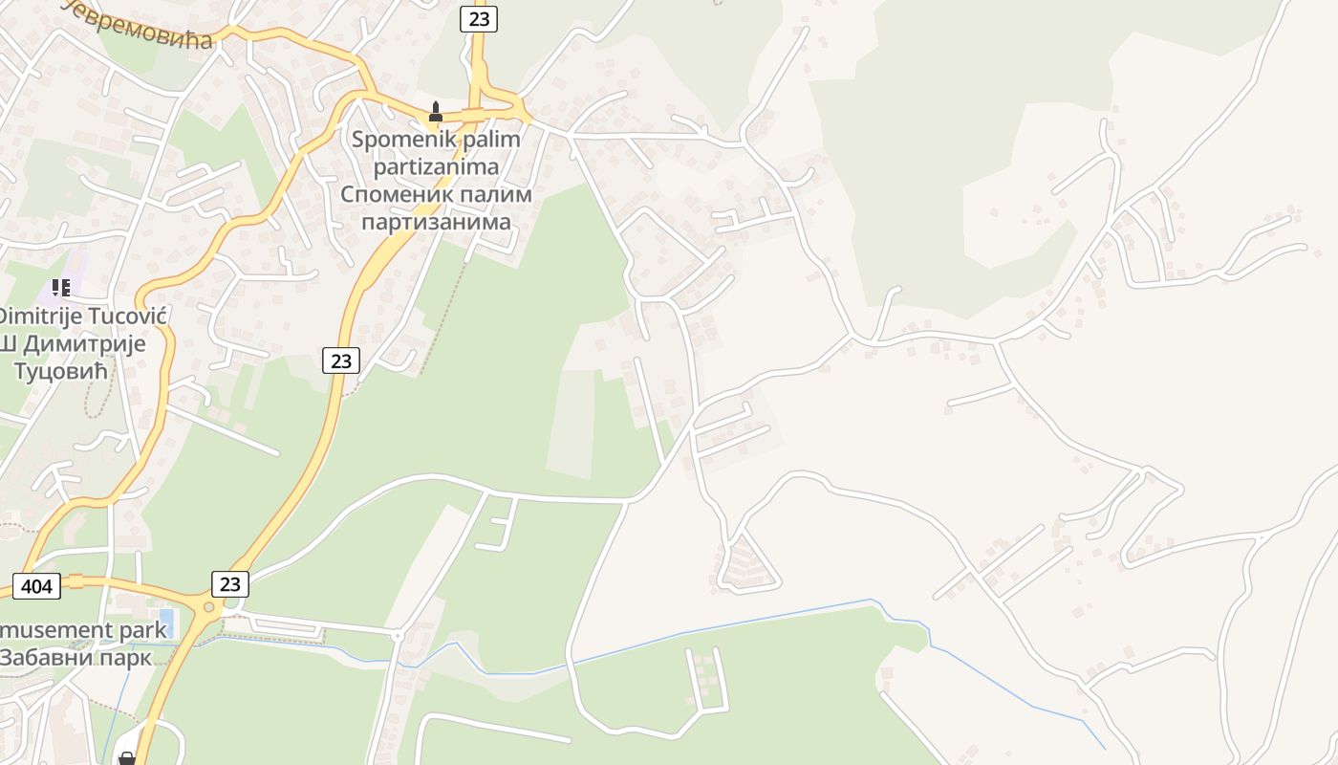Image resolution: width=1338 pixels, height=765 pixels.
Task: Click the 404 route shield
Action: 37,585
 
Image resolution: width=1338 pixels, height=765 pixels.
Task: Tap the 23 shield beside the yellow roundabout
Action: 229,583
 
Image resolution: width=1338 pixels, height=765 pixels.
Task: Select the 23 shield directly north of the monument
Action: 478,18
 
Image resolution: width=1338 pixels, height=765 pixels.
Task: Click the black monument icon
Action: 436,112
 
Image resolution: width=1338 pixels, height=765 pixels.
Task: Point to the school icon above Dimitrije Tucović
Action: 62,287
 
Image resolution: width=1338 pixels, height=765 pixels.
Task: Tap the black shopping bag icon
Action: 126,758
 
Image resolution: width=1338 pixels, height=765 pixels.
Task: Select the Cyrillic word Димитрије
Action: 95,343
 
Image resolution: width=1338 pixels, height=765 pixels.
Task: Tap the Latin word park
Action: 140,630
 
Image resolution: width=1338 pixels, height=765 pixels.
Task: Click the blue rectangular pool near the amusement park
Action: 166,623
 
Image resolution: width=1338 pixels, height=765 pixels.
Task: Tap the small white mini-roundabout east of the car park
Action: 397,634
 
